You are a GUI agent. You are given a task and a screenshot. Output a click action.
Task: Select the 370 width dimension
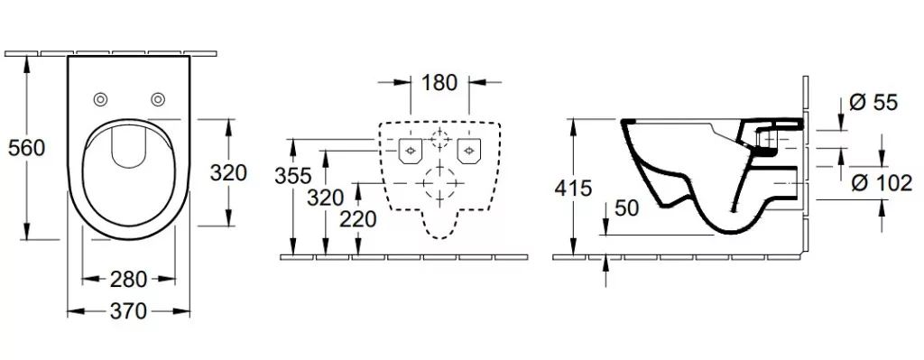click(x=128, y=310)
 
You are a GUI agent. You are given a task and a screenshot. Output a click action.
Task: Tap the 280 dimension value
click(x=128, y=279)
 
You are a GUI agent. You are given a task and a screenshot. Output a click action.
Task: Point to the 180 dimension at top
click(x=439, y=82)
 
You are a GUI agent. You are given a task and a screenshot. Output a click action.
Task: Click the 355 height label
click(x=293, y=176)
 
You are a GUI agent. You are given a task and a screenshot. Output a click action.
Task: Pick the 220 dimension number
click(x=357, y=219)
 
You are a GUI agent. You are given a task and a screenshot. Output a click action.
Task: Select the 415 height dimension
click(x=573, y=188)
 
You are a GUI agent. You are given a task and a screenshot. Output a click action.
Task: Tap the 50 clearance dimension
click(x=627, y=208)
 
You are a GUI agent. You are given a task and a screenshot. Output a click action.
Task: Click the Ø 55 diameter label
click(x=873, y=103)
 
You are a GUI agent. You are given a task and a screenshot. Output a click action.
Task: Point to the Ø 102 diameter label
click(x=882, y=183)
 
